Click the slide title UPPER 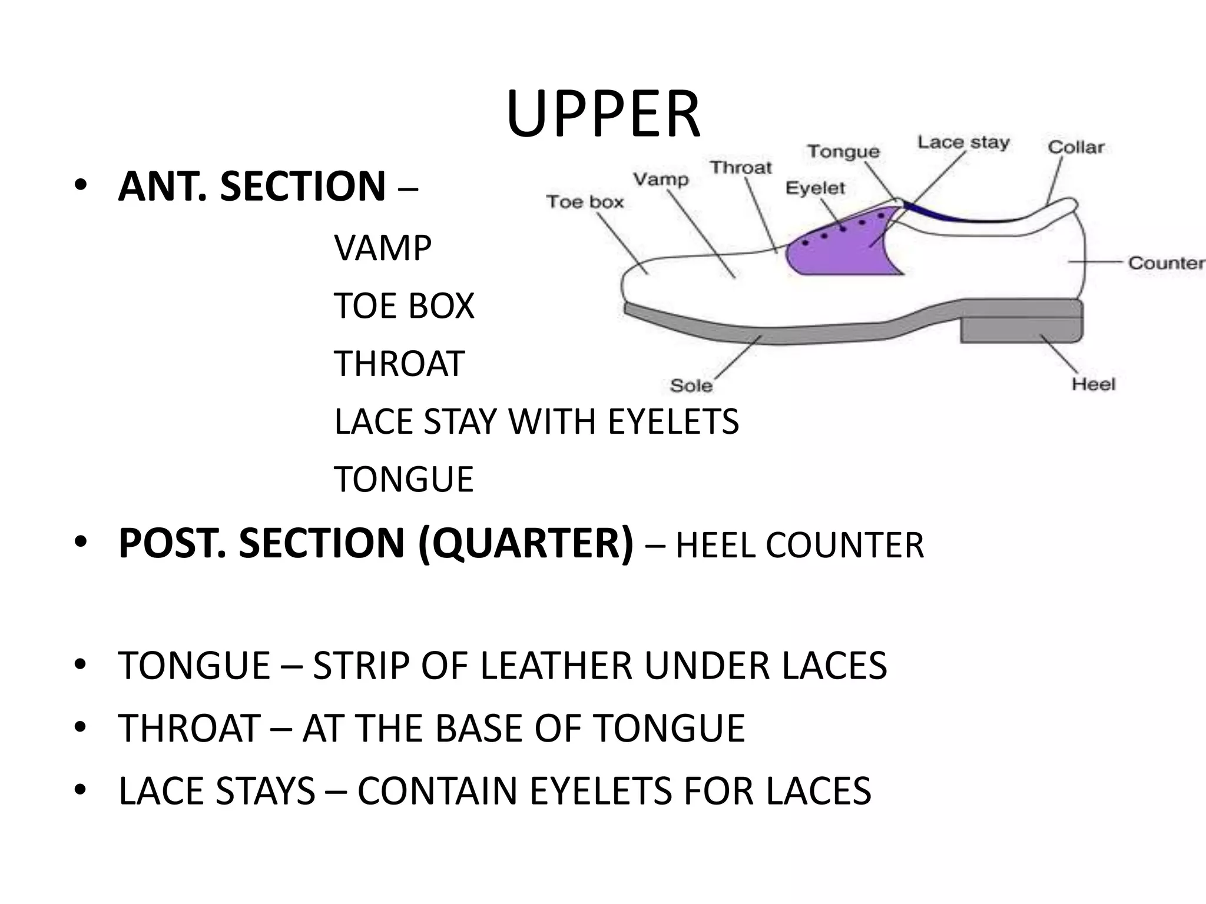click(603, 114)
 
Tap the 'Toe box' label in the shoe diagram click(585, 202)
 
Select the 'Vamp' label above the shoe click(661, 179)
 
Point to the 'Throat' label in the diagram click(740, 168)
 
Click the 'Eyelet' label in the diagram click(815, 188)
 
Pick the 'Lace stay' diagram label click(963, 142)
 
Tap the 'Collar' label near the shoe click(1076, 147)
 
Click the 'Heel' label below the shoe click(1094, 384)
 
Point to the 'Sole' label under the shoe click(691, 385)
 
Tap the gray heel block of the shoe click(1021, 330)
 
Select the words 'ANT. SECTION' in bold click(252, 186)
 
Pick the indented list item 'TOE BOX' click(404, 306)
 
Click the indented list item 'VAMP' click(383, 248)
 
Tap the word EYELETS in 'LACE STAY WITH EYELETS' click(673, 422)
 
